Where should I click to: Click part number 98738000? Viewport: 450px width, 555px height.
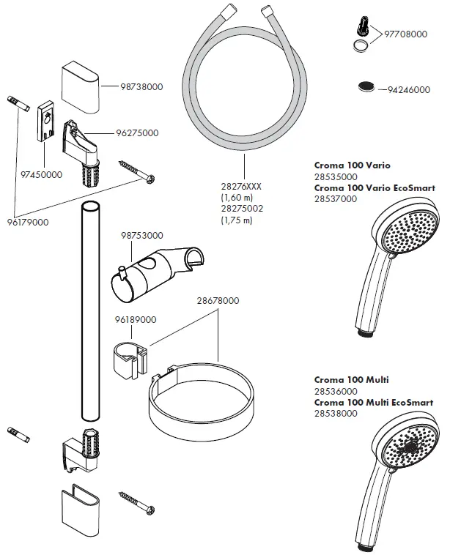141,86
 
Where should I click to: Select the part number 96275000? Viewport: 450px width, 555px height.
137,133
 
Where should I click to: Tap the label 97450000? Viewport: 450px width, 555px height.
41,176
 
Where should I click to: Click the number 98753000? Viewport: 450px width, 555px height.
141,235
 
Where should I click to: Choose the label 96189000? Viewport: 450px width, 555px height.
135,319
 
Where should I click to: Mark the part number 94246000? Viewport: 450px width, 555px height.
408,89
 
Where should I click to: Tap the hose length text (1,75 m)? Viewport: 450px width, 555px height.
236,220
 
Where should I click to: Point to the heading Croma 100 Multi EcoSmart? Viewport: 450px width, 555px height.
374,403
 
